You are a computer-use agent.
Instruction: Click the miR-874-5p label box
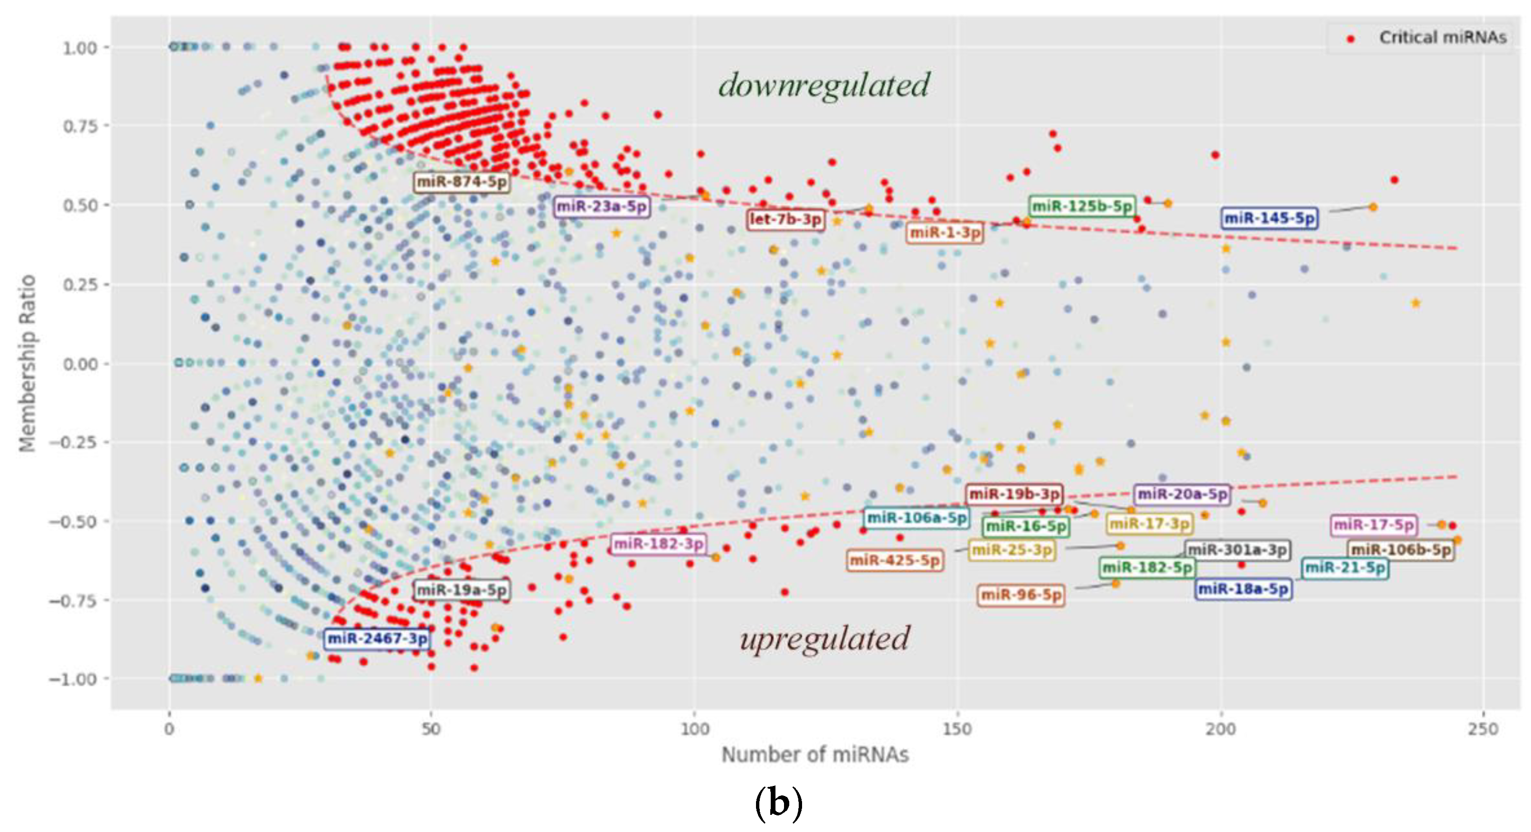[x=462, y=181]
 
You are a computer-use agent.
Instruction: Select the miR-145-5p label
[x=1269, y=218]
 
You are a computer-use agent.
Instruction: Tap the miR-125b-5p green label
[x=1082, y=206]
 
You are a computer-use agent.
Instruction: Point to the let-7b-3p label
[x=786, y=219]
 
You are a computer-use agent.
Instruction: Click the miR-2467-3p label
[x=378, y=639]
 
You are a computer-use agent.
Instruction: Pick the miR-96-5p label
[x=1021, y=595]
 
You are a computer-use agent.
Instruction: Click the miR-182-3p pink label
[x=659, y=544]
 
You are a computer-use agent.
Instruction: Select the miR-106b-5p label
[x=1401, y=550]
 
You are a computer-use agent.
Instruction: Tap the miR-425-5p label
[x=895, y=560]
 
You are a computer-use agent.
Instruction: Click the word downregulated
[x=824, y=85]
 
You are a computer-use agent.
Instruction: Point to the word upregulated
[x=825, y=639]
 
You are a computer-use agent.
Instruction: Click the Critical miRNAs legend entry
[x=1442, y=38]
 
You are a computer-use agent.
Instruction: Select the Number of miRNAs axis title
[x=815, y=755]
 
